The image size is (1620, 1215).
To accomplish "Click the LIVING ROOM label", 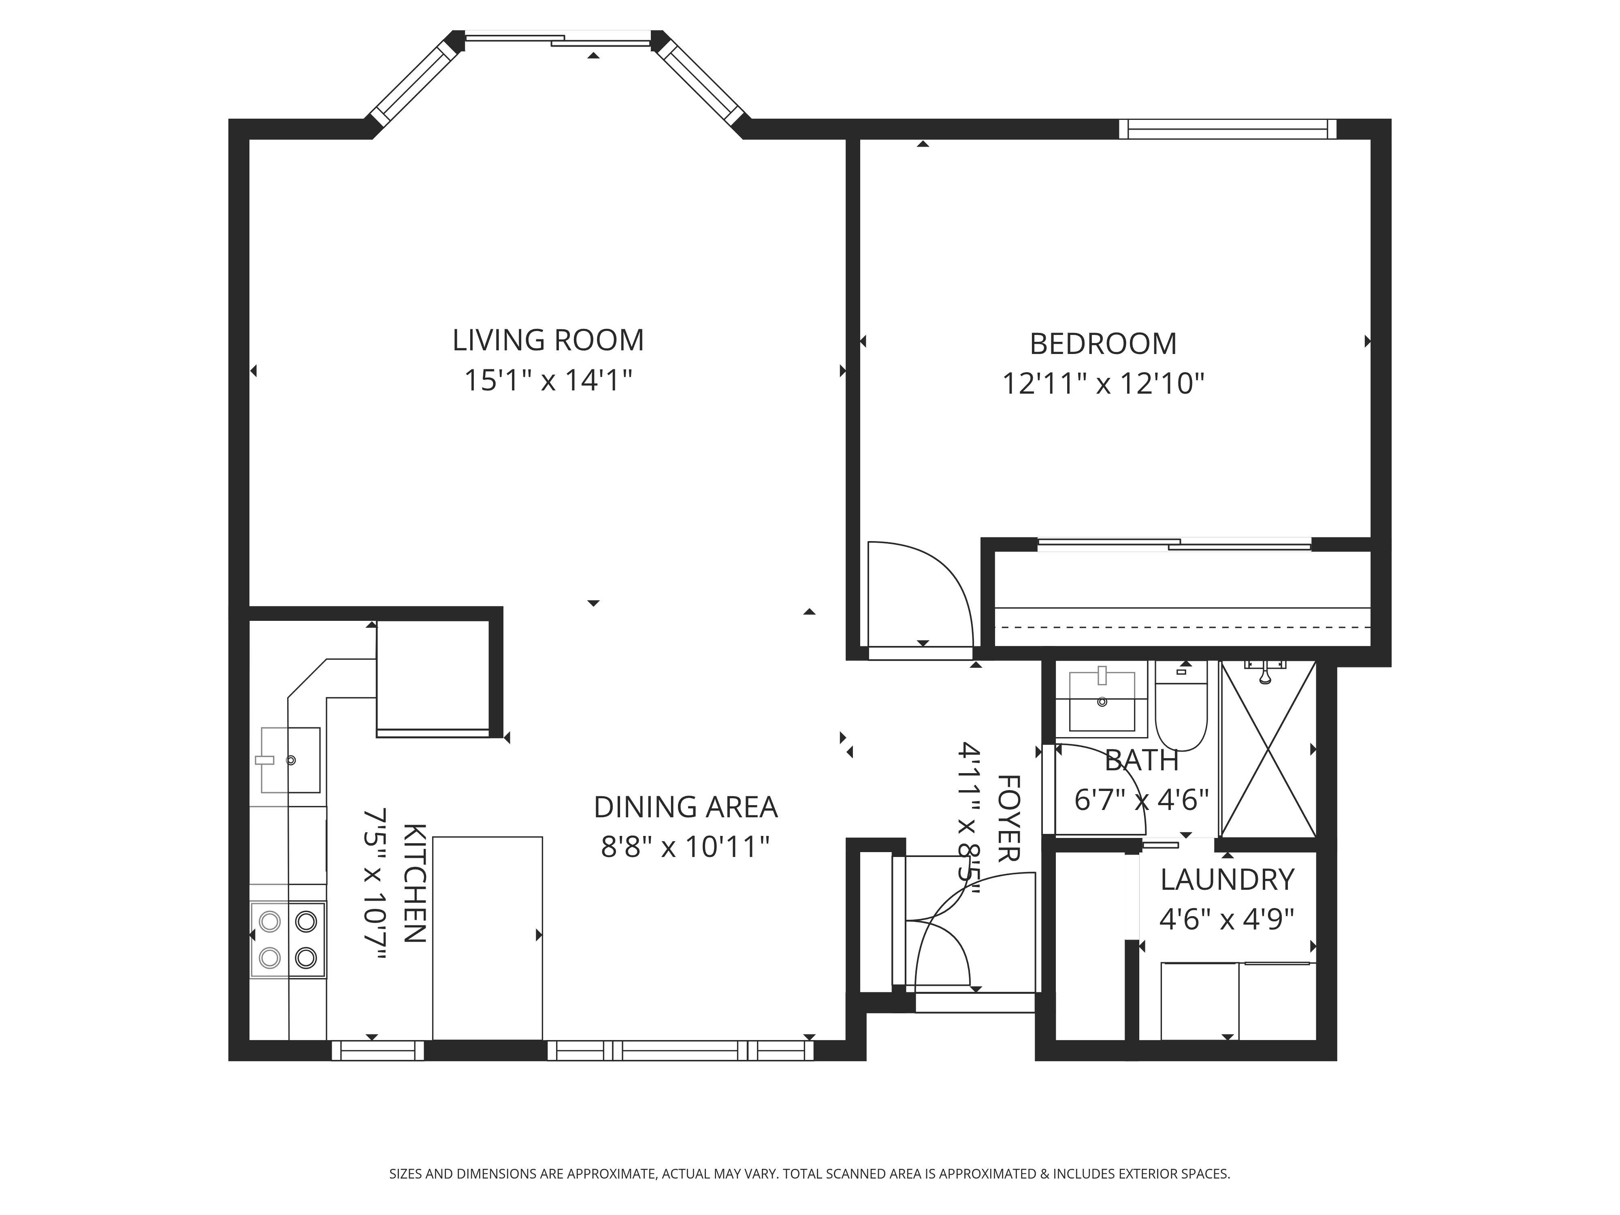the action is (x=548, y=341).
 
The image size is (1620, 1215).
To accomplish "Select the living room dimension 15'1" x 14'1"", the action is (x=548, y=381).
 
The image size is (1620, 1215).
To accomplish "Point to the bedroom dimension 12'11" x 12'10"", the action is (x=1103, y=384).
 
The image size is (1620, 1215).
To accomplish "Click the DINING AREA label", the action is (x=686, y=807).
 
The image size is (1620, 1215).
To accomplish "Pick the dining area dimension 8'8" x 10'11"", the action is (x=686, y=847).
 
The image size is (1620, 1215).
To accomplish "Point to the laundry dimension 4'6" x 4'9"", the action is (x=1228, y=919).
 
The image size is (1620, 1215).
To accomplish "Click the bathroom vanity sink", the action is (x=1102, y=701).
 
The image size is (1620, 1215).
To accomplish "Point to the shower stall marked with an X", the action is (x=1268, y=748).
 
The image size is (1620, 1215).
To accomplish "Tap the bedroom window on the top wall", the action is (x=1228, y=129).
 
